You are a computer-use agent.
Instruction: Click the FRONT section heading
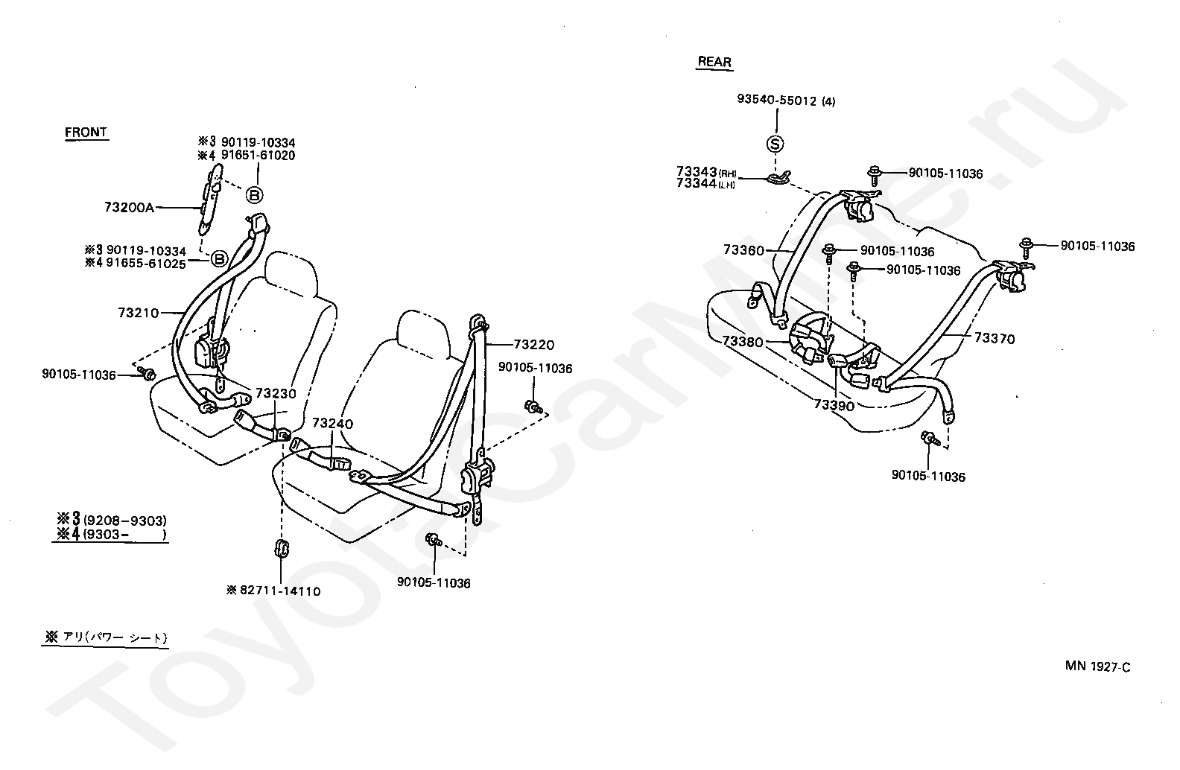pos(86,132)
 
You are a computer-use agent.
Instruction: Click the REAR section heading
pos(714,62)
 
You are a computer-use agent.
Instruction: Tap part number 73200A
pos(129,208)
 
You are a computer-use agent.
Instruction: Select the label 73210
pos(138,313)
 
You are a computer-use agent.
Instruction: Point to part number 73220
pos(533,345)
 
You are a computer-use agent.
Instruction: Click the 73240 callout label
pos(332,424)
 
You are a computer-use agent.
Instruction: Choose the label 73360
pos(743,249)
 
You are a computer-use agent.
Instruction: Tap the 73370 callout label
pos(994,338)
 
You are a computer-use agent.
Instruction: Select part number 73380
pos(742,342)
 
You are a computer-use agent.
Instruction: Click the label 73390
pos(834,405)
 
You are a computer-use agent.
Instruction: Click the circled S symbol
pos(775,144)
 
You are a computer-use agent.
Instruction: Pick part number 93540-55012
pos(776,100)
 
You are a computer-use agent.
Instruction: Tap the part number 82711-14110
pos(280,591)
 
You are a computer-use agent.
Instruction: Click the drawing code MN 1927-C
pos(1097,666)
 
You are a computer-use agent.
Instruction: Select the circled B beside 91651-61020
pos(255,196)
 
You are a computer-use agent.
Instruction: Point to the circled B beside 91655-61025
pos(218,258)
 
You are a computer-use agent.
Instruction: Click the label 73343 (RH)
pos(706,172)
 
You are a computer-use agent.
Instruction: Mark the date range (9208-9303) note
pos(125,521)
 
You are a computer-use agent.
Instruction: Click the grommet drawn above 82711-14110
pos(282,548)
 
